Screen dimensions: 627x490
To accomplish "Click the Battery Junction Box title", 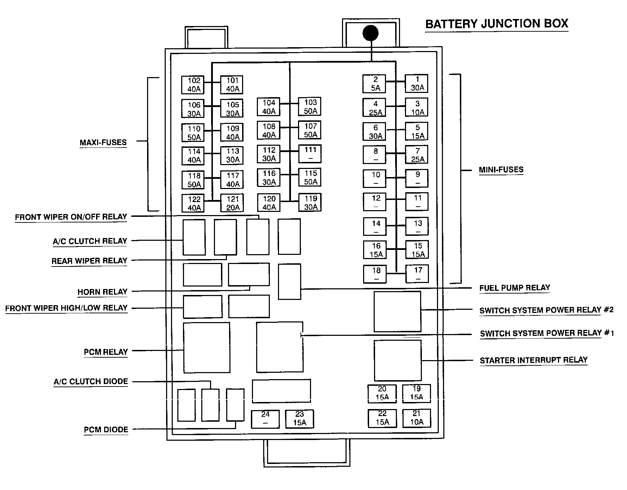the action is pyautogui.click(x=496, y=24).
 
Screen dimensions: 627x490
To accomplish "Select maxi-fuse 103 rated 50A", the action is pyautogui.click(x=310, y=107).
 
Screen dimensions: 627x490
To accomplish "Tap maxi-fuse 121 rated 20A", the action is pyautogui.click(x=232, y=203).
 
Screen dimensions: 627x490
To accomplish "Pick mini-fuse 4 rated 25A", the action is pyautogui.click(x=375, y=108).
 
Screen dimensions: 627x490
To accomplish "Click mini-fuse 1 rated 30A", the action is pyautogui.click(x=417, y=84).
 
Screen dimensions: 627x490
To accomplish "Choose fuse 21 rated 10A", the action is pyautogui.click(x=417, y=418).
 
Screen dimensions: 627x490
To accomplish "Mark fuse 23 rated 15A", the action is pyautogui.click(x=299, y=419).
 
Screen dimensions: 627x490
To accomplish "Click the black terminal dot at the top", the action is pyautogui.click(x=370, y=34).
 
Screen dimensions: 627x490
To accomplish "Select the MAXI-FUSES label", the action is pyautogui.click(x=103, y=143).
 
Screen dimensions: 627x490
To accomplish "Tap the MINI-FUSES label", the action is pyautogui.click(x=501, y=170).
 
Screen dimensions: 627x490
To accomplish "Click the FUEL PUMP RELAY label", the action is pyautogui.click(x=514, y=288).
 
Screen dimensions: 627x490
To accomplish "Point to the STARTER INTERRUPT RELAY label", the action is pyautogui.click(x=533, y=360).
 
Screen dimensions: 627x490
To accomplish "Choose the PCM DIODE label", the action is pyautogui.click(x=106, y=430).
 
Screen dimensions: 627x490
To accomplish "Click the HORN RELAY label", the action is pyautogui.click(x=102, y=292).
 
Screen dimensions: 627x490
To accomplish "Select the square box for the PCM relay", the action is pyautogui.click(x=207, y=347).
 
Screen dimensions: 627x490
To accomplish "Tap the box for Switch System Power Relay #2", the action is pyautogui.click(x=397, y=311).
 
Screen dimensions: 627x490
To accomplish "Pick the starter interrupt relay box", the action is pyautogui.click(x=398, y=360).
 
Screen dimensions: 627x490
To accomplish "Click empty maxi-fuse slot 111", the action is pyautogui.click(x=310, y=154).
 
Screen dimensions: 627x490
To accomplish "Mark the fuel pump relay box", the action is pyautogui.click(x=290, y=282).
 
